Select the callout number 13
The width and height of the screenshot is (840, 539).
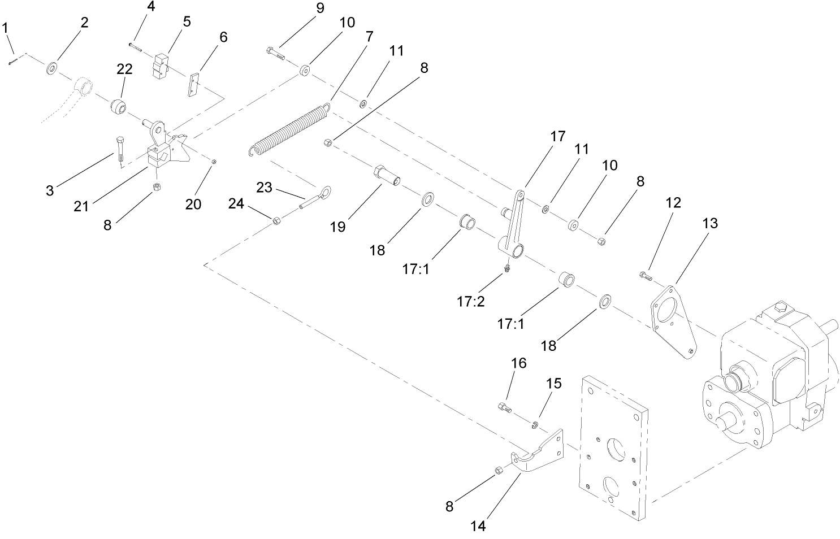(709, 223)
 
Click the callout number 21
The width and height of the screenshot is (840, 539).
(81, 206)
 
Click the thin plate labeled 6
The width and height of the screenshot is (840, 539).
(194, 84)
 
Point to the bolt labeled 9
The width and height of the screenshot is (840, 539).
(275, 54)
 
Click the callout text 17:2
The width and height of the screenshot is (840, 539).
(471, 302)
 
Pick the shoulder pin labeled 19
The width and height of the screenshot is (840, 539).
(387, 175)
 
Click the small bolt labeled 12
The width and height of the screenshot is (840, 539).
(646, 276)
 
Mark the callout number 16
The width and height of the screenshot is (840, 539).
(518, 363)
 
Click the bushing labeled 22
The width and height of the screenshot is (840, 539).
(119, 107)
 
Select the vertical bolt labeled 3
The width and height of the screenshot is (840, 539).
(120, 150)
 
